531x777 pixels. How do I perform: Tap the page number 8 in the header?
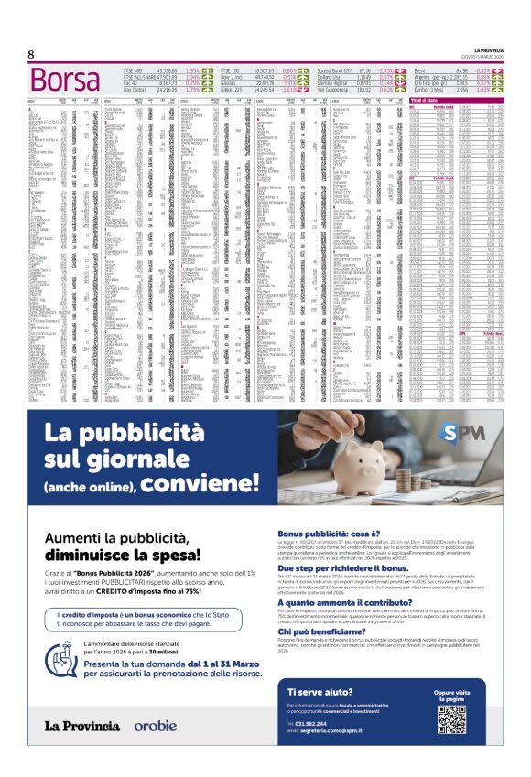click(31, 54)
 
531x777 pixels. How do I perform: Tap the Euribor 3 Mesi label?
click(430, 89)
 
